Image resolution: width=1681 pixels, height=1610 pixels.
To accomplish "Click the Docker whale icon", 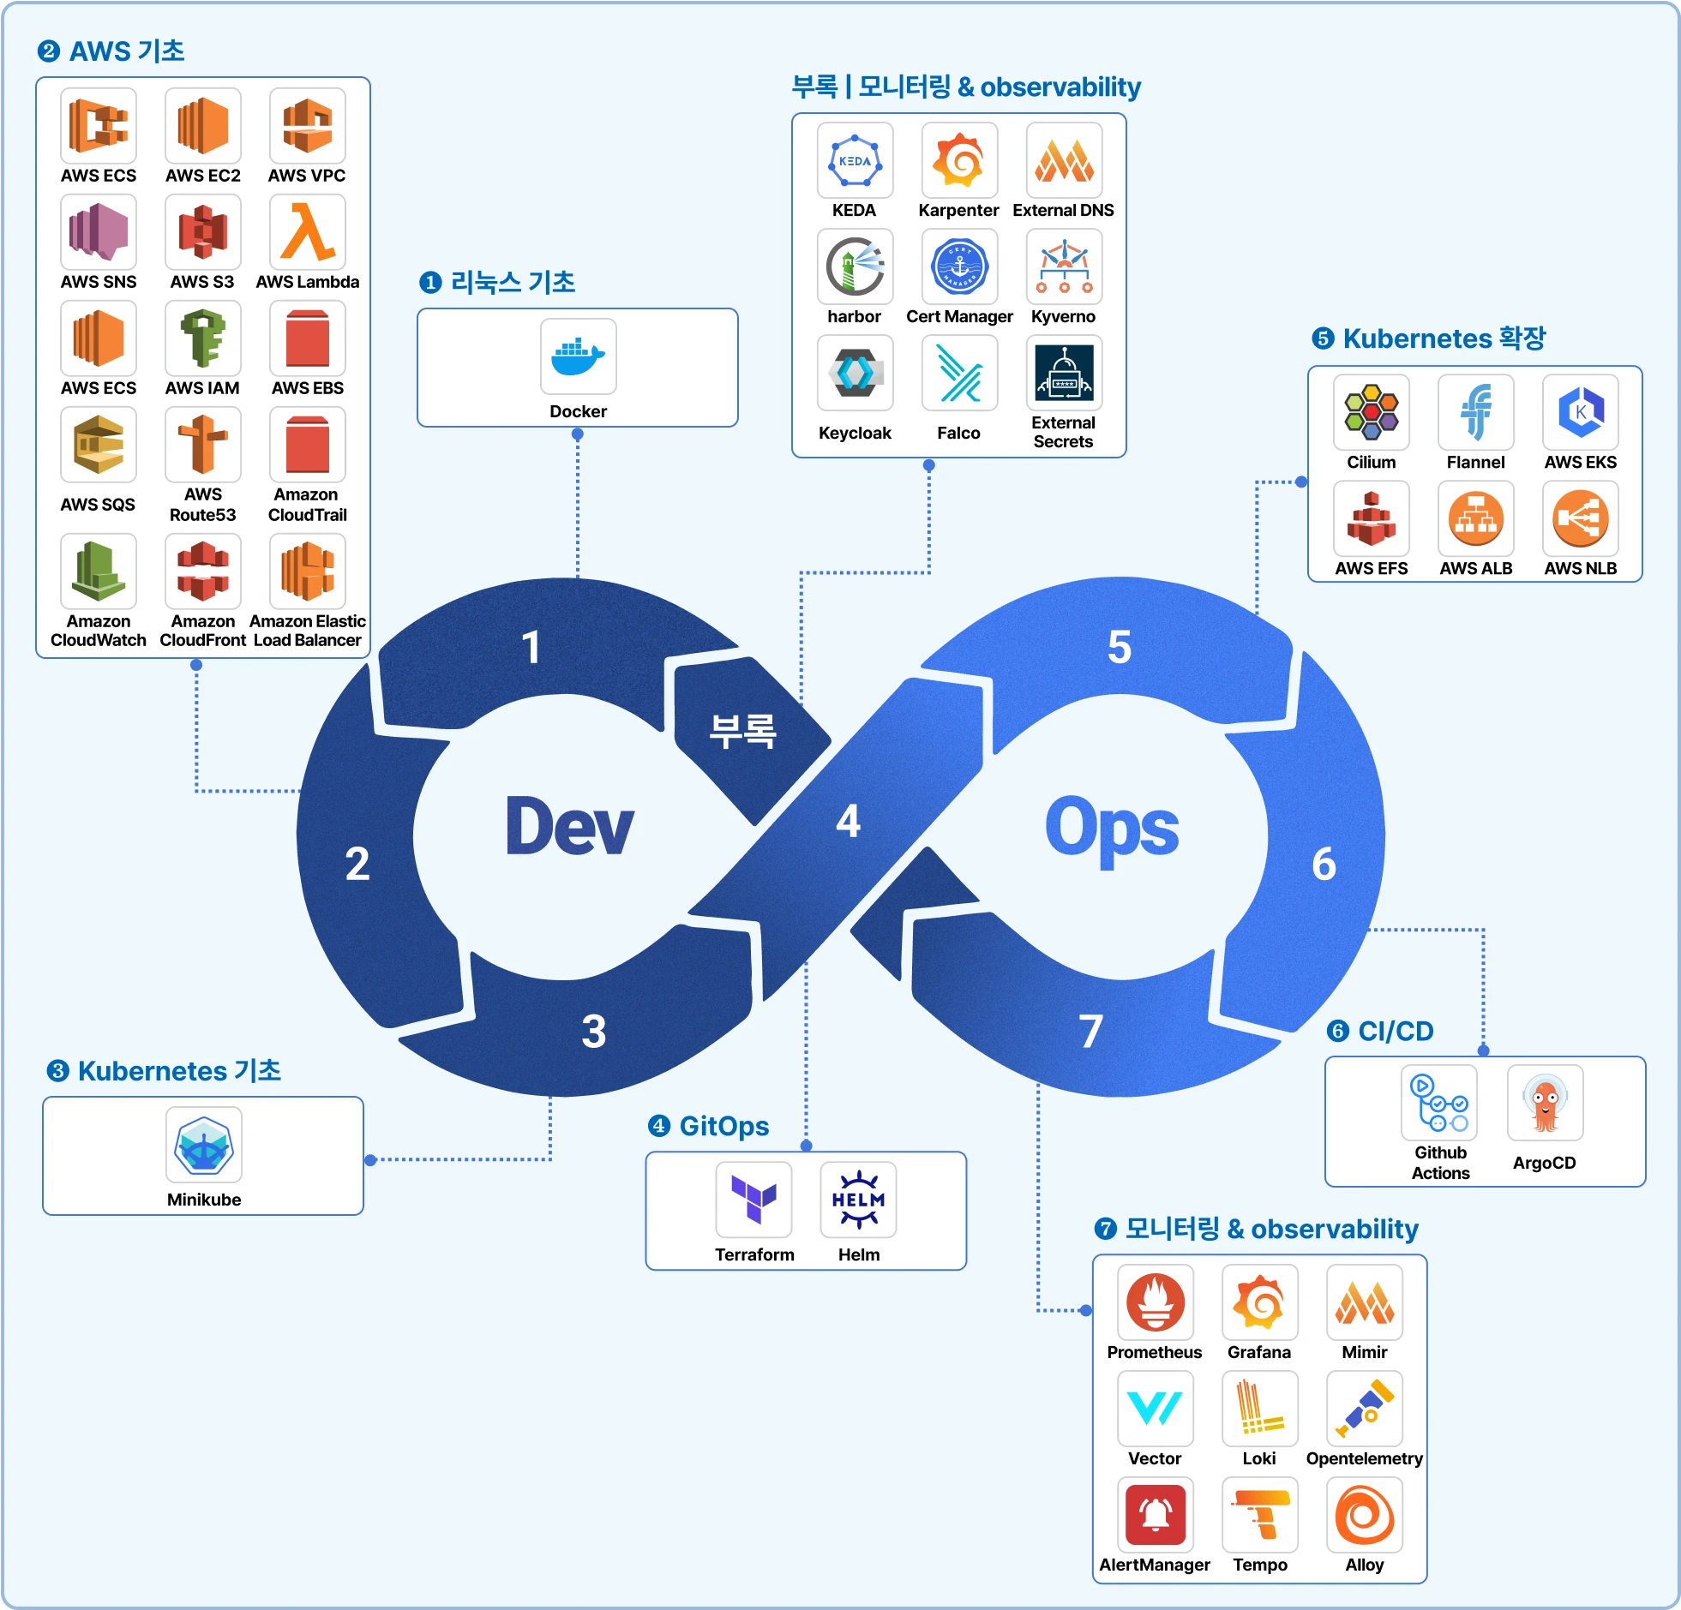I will [x=578, y=356].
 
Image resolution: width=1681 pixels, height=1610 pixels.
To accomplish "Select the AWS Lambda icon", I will [x=307, y=231].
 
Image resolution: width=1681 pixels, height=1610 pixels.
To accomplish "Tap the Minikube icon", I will [x=203, y=1145].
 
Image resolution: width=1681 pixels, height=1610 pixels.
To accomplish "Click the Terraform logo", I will [x=753, y=1199].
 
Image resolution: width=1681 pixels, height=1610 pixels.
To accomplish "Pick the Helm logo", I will [x=858, y=1199].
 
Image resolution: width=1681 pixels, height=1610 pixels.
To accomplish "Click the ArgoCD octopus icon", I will [x=1545, y=1103].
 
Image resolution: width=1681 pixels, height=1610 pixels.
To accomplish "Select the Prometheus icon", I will [x=1155, y=1302].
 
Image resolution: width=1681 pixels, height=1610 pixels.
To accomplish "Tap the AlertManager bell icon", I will [x=1155, y=1514].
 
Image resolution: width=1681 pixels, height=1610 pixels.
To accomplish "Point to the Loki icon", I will [x=1259, y=1408].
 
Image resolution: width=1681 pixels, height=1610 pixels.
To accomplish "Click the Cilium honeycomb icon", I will [x=1371, y=411].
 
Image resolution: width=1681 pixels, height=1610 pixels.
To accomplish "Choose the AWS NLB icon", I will [x=1580, y=518].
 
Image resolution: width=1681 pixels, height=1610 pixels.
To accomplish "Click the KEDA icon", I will [x=855, y=160].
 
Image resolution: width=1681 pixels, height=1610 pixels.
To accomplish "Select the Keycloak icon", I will [x=855, y=373].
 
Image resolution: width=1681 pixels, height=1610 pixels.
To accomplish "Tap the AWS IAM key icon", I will [x=202, y=338].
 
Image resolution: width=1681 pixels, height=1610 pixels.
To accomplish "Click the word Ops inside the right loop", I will [x=1112, y=829].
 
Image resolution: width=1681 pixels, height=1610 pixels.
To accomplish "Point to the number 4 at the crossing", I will [x=849, y=822].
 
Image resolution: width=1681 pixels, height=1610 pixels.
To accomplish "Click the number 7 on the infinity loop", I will [x=1090, y=1031].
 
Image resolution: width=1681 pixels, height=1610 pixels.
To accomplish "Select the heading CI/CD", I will [x=1395, y=1031].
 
